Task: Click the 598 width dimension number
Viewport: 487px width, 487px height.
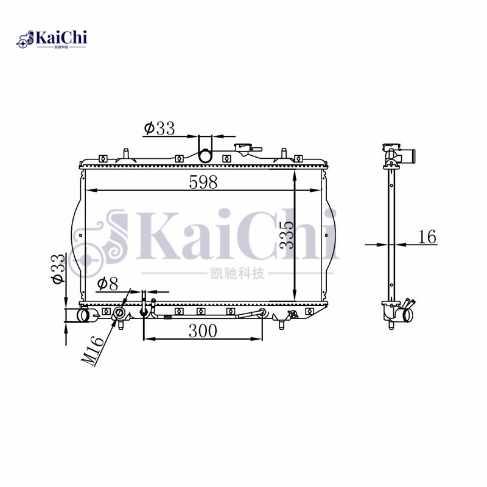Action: (x=203, y=182)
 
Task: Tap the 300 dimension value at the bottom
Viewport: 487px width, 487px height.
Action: (x=203, y=331)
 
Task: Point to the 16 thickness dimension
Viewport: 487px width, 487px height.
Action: (x=428, y=237)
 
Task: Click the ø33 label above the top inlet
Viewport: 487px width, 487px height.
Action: (x=159, y=128)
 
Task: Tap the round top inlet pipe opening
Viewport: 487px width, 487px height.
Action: (x=206, y=156)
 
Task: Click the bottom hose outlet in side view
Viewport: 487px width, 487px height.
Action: (x=405, y=315)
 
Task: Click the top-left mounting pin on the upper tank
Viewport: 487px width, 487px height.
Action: (x=124, y=152)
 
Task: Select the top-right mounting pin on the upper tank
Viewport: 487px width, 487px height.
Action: (x=283, y=152)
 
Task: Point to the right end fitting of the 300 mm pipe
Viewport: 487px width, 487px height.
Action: (x=261, y=314)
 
